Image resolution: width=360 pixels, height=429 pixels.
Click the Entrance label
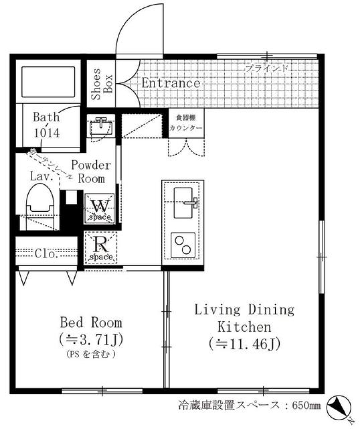pyautogui.click(x=171, y=83)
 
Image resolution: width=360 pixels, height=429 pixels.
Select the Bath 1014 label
pyautogui.click(x=46, y=125)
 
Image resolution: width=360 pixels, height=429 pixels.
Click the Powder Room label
pyautogui.click(x=91, y=172)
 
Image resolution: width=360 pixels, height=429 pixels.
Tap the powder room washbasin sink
pyautogui.click(x=100, y=126)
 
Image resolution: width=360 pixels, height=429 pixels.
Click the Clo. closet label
pyautogui.click(x=46, y=254)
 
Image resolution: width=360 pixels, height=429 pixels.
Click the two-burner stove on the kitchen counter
pyautogui.click(x=183, y=245)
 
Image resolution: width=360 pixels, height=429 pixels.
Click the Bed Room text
pyautogui.click(x=91, y=322)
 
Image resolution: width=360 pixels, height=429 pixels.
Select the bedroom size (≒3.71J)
pyautogui.click(x=91, y=340)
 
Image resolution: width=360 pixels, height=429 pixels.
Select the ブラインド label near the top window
pyautogui.click(x=267, y=69)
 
